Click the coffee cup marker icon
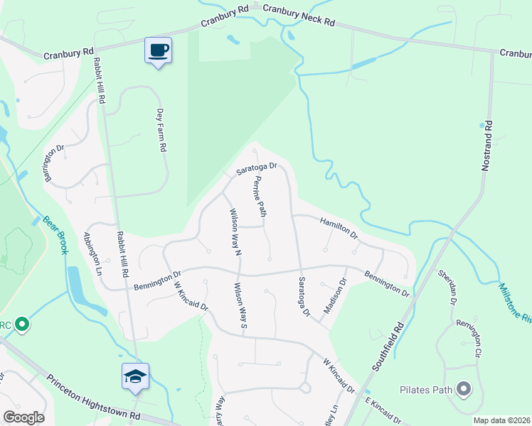pos(158,50)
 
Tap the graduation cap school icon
pos(135,376)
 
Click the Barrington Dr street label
pos(55,163)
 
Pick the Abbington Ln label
pos(93,253)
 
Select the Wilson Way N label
pos(235,232)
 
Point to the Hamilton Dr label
pos(339,227)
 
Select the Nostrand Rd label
pos(487,149)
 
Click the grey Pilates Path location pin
pos(464,388)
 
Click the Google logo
pos(23,417)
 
